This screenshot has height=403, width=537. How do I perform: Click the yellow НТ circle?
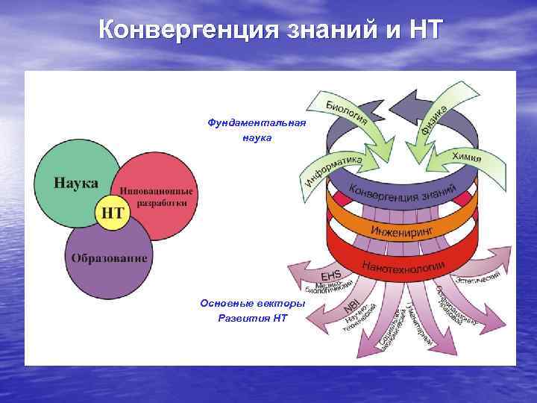(112, 213)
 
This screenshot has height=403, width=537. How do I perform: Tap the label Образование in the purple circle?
(110, 258)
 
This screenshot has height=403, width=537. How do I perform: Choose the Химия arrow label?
(466, 156)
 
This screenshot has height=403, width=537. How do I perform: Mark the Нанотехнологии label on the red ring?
(403, 265)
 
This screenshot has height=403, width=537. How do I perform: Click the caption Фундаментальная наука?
(257, 130)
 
